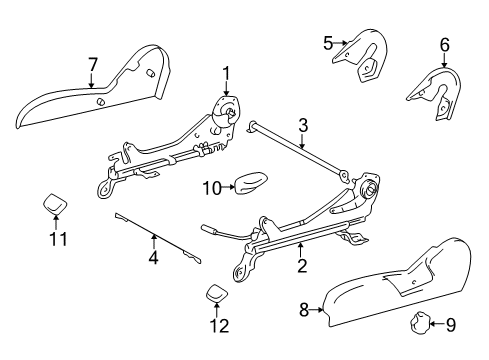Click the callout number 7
93,65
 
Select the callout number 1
226,74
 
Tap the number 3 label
303,126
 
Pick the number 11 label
58,239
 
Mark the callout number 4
153,257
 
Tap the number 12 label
219,326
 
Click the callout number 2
302,266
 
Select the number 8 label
304,310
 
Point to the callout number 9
450,324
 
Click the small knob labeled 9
419,322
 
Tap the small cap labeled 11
55,203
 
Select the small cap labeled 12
216,293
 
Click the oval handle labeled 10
251,182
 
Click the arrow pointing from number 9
437,323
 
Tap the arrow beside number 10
229,187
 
